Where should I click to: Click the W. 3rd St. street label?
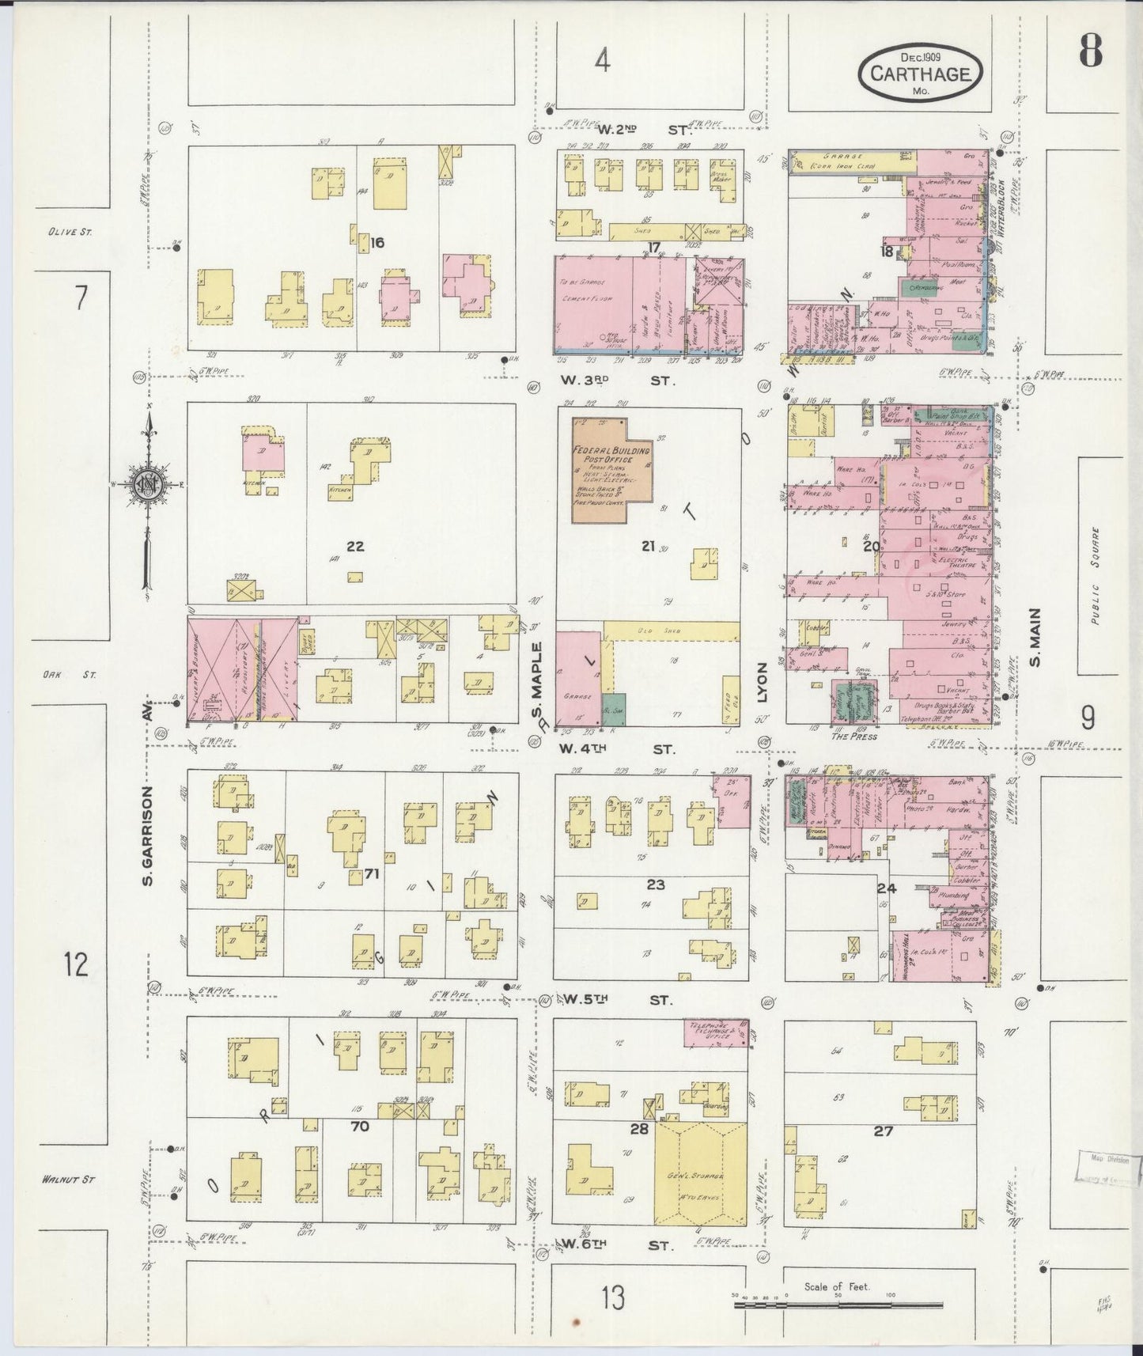[617, 381]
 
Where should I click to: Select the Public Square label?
[1095, 575]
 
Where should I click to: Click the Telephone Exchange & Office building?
[715, 1032]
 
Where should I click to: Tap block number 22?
[355, 546]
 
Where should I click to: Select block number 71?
[373, 874]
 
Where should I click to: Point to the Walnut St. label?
[69, 1180]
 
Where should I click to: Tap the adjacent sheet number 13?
[612, 1297]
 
